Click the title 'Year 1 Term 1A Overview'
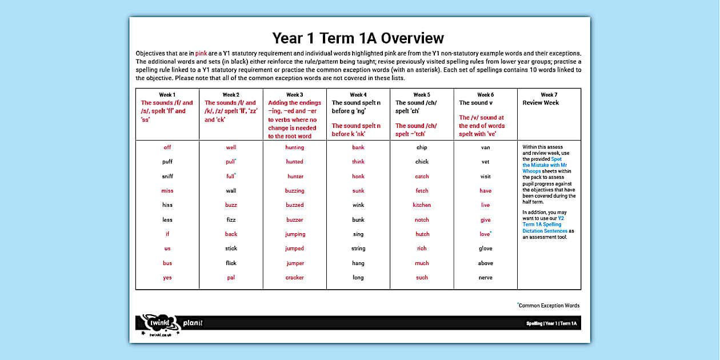click(358, 38)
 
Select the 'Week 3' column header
click(294, 95)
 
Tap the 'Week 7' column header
click(549, 95)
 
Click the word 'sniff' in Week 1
click(167, 177)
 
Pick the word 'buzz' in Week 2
click(231, 205)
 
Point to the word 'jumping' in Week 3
click(295, 234)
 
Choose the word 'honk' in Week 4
click(358, 177)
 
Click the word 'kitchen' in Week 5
click(422, 205)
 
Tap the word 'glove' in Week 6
click(485, 249)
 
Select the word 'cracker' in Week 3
click(295, 278)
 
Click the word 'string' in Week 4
click(358, 249)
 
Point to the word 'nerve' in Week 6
click(485, 278)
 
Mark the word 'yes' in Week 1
click(167, 278)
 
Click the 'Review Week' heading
click(541, 103)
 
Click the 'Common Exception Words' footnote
click(549, 306)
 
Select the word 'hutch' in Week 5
click(422, 234)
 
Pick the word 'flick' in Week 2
click(231, 263)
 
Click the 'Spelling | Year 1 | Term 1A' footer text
click(551, 324)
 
